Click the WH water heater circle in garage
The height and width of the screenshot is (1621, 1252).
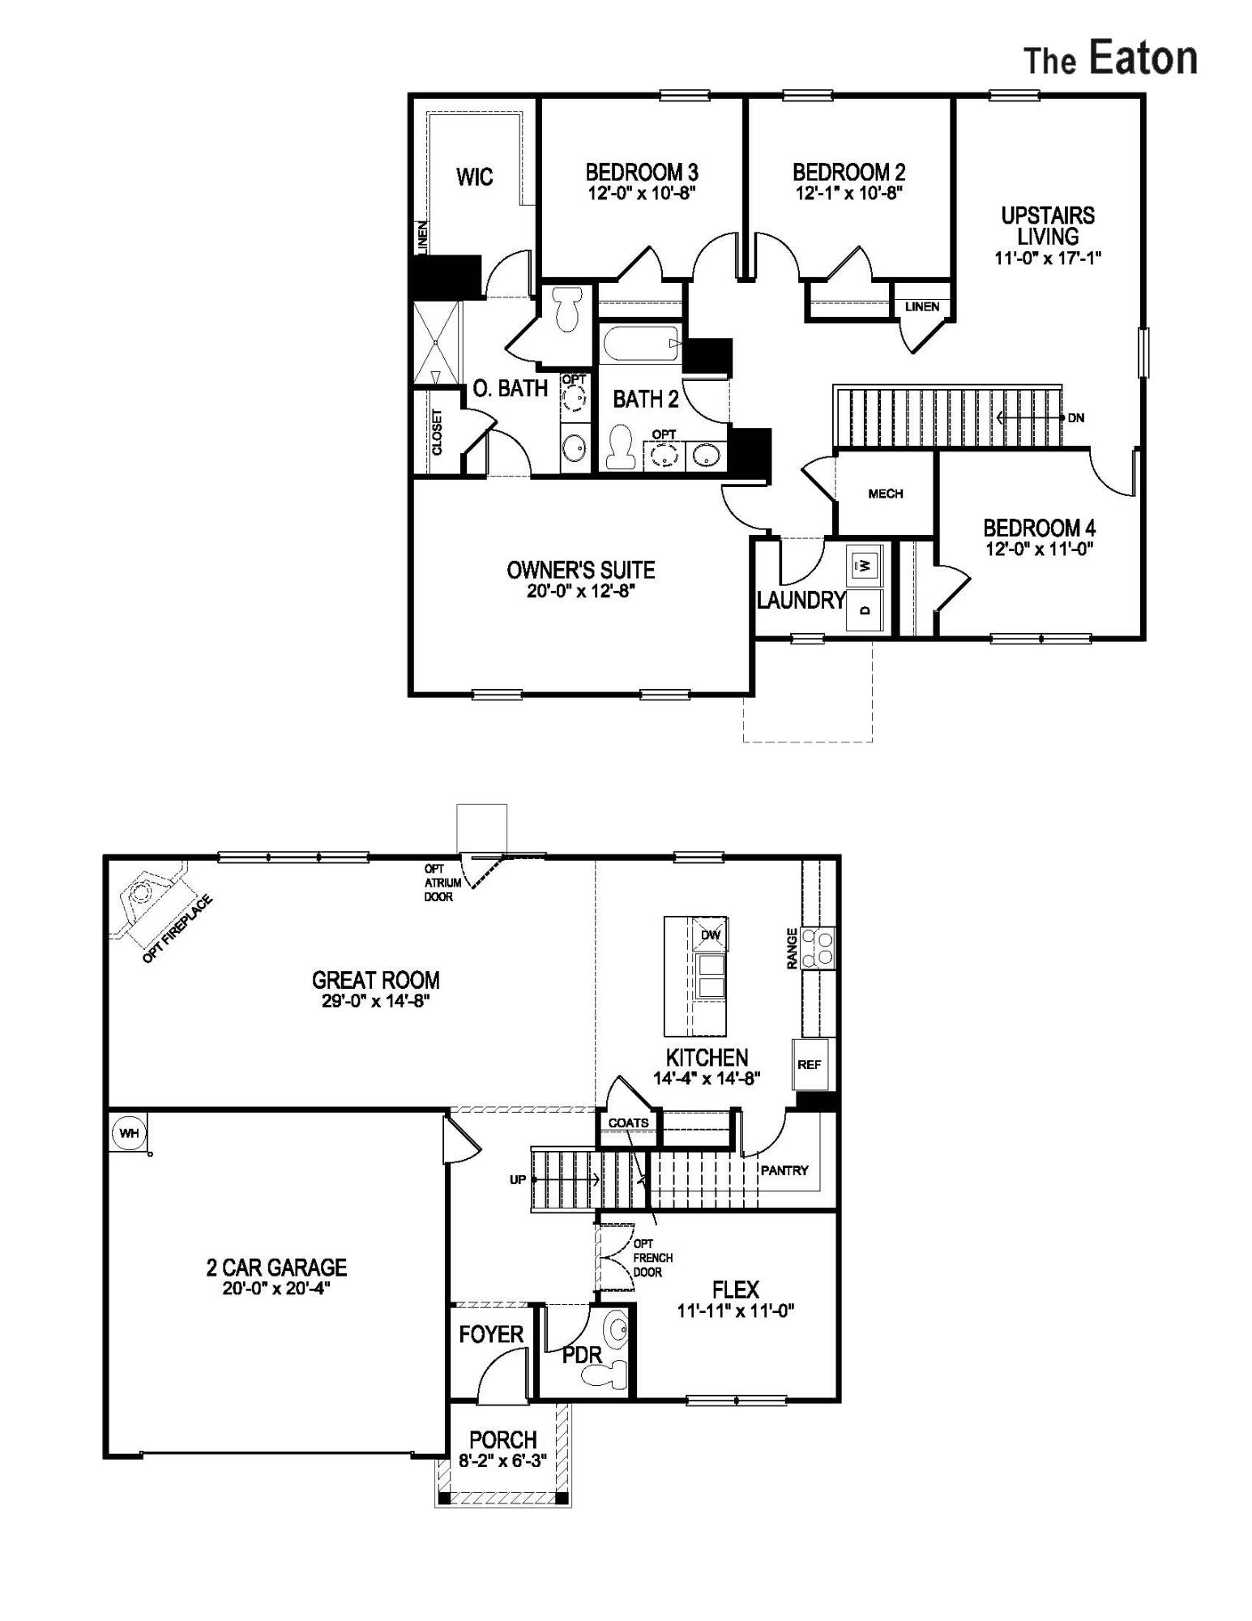(129, 1133)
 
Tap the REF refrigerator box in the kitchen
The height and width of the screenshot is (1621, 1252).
(809, 1064)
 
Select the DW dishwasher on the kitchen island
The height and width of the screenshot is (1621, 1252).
(711, 935)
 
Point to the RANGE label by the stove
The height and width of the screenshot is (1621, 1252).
(793, 947)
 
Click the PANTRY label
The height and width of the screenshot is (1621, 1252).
(784, 1170)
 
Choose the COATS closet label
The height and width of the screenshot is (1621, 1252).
(628, 1123)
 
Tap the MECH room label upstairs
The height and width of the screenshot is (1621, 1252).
(885, 494)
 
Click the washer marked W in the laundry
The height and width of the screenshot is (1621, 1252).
(865, 564)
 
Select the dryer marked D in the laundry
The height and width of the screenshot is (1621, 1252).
(865, 609)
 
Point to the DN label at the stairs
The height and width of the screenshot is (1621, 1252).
(1076, 418)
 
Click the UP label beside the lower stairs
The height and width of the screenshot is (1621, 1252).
(518, 1179)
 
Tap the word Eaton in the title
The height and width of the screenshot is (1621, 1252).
(1143, 59)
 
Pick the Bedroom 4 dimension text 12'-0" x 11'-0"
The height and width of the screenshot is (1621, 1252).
(1040, 549)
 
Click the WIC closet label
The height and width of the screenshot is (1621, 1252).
(474, 177)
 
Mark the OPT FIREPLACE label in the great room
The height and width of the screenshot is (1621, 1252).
(177, 929)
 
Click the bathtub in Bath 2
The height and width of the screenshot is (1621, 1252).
(640, 344)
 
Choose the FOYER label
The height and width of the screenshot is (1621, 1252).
(491, 1334)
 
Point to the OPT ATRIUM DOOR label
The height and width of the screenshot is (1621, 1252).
(442, 883)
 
